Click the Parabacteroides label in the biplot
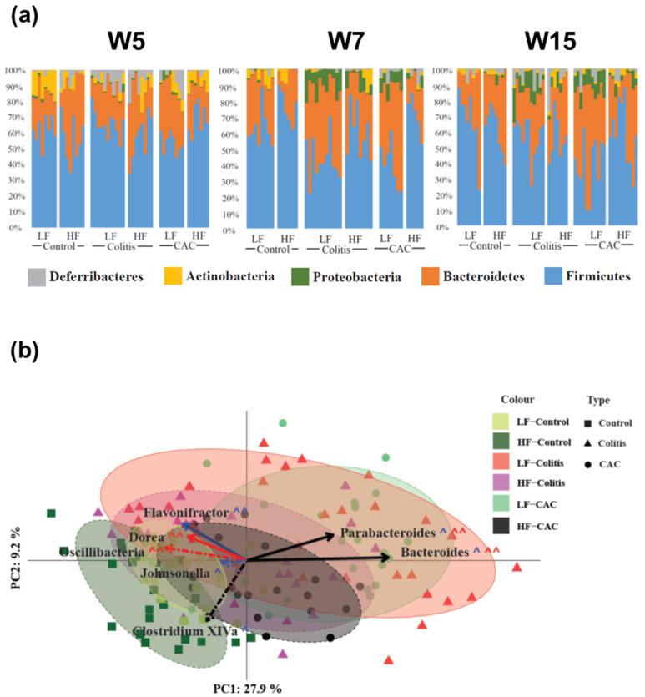387,533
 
